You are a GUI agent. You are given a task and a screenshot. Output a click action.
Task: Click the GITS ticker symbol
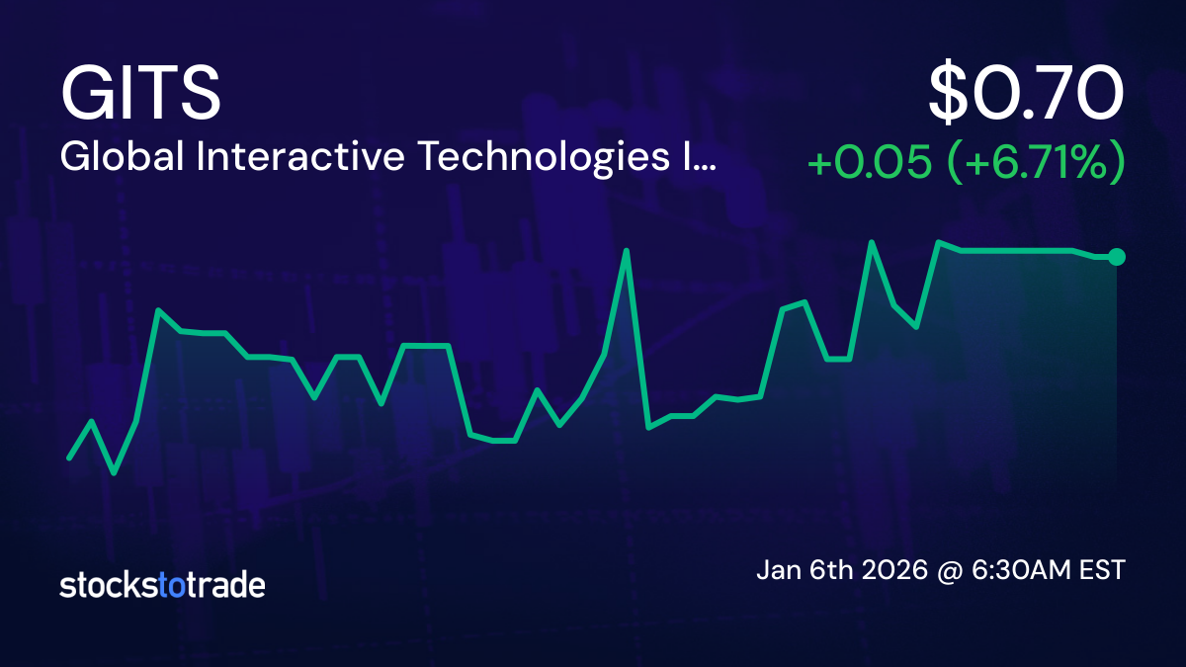(140, 93)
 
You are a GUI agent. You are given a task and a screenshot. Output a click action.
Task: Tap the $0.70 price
(1026, 93)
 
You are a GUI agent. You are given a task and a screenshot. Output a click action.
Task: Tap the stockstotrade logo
(162, 585)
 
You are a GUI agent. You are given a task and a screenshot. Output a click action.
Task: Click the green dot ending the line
(1117, 257)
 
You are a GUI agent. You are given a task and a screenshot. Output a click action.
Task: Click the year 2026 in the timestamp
(893, 570)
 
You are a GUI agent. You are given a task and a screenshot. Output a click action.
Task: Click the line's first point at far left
(69, 459)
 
